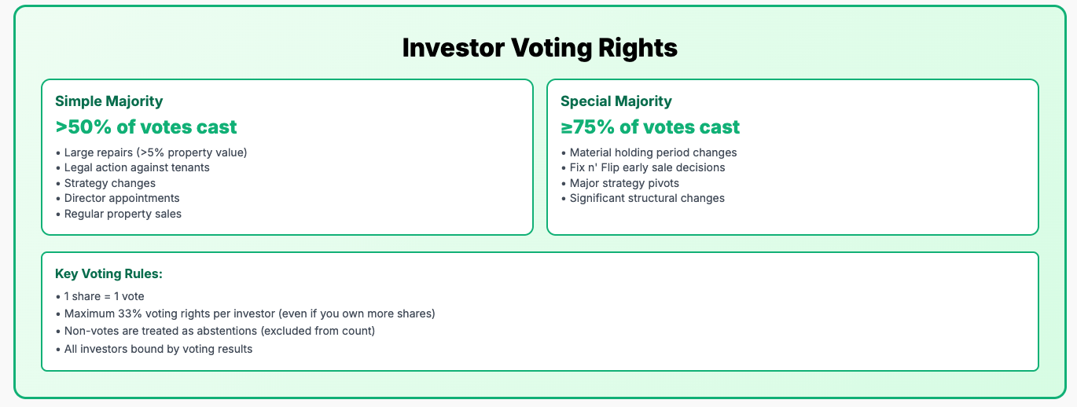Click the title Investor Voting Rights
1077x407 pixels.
pyautogui.click(x=539, y=48)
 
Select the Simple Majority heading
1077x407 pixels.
pyautogui.click(x=109, y=101)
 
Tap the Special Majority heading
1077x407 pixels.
pyautogui.click(x=616, y=101)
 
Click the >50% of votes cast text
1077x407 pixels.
pyautogui.click(x=146, y=127)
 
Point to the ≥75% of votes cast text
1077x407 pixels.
pyautogui.click(x=650, y=127)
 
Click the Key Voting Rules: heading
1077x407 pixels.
pyautogui.click(x=108, y=274)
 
